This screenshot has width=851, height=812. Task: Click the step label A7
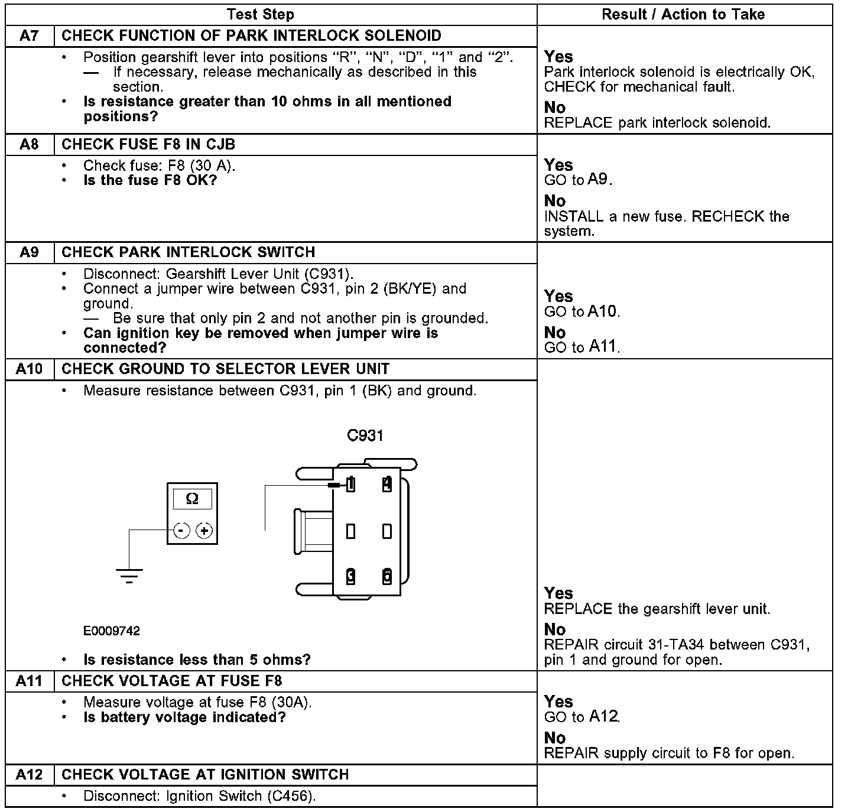tap(29, 36)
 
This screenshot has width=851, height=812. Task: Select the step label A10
tap(29, 369)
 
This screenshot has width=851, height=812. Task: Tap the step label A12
tap(29, 775)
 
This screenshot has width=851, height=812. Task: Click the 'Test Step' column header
tap(260, 15)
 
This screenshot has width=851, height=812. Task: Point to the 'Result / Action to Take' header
tap(683, 15)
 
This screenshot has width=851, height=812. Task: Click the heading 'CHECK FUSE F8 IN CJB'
tap(148, 145)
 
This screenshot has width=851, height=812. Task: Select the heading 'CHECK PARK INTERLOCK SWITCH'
tap(188, 252)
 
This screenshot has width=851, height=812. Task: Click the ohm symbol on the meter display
tap(192, 499)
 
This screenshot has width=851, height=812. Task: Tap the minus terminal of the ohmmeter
tap(181, 531)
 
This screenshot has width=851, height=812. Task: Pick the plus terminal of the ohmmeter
tap(204, 531)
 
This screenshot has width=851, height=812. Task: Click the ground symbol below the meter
tap(129, 574)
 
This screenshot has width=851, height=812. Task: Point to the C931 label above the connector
tap(365, 436)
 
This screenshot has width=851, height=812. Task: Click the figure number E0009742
tap(112, 631)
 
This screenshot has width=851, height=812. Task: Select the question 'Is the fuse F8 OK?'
tap(150, 180)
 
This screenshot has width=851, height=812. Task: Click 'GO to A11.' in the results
tap(582, 347)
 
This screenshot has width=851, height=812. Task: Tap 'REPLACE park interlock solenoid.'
tap(657, 123)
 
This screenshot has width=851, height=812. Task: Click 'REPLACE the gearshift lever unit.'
tap(657, 609)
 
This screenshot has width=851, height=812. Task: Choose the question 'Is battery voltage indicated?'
tap(184, 717)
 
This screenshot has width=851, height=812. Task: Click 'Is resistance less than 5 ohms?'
tap(197, 660)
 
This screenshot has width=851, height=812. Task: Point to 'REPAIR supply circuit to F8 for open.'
tap(669, 753)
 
